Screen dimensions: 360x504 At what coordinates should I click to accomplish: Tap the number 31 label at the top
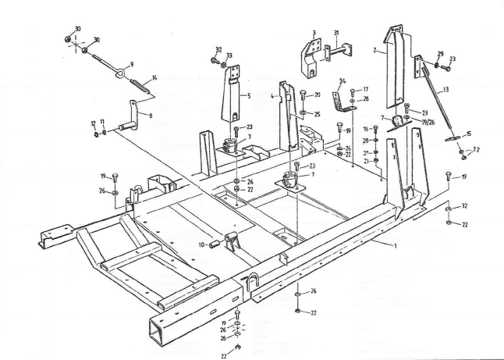pyautogui.click(x=336, y=33)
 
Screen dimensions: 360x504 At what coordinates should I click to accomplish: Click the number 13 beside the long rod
pyautogui.click(x=445, y=91)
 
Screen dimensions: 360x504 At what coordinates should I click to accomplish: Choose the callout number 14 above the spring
pyautogui.click(x=154, y=77)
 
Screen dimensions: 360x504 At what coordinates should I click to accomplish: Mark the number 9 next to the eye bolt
pyautogui.click(x=131, y=64)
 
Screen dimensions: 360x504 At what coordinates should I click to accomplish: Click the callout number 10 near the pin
pyautogui.click(x=201, y=244)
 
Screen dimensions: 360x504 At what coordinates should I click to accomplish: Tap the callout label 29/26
pyautogui.click(x=428, y=124)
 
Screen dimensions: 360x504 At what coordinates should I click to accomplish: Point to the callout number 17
pyautogui.click(x=365, y=90)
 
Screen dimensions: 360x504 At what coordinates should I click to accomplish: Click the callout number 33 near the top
pyautogui.click(x=229, y=55)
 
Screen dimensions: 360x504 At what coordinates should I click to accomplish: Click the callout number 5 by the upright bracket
pyautogui.click(x=247, y=97)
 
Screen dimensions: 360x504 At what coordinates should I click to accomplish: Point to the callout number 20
pyautogui.click(x=317, y=94)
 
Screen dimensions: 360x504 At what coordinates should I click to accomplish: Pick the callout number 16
pyautogui.click(x=365, y=129)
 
